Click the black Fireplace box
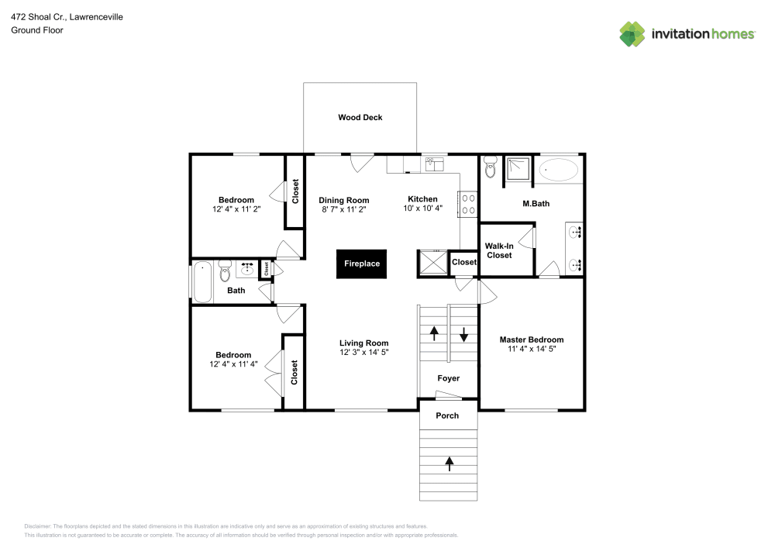(362, 264)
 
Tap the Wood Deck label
(360, 118)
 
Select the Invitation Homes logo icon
(632, 33)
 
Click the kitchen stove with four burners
(468, 204)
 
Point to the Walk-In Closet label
(499, 250)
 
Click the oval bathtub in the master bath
(558, 169)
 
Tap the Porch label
(447, 415)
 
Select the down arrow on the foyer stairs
(463, 334)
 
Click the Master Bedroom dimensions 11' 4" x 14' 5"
(531, 350)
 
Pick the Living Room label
(363, 343)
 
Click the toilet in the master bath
(490, 167)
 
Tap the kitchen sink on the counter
(433, 164)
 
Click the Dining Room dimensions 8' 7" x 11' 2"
(343, 209)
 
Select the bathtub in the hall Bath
(203, 281)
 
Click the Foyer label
(448, 378)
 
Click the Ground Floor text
(36, 30)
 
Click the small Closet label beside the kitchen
(463, 263)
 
